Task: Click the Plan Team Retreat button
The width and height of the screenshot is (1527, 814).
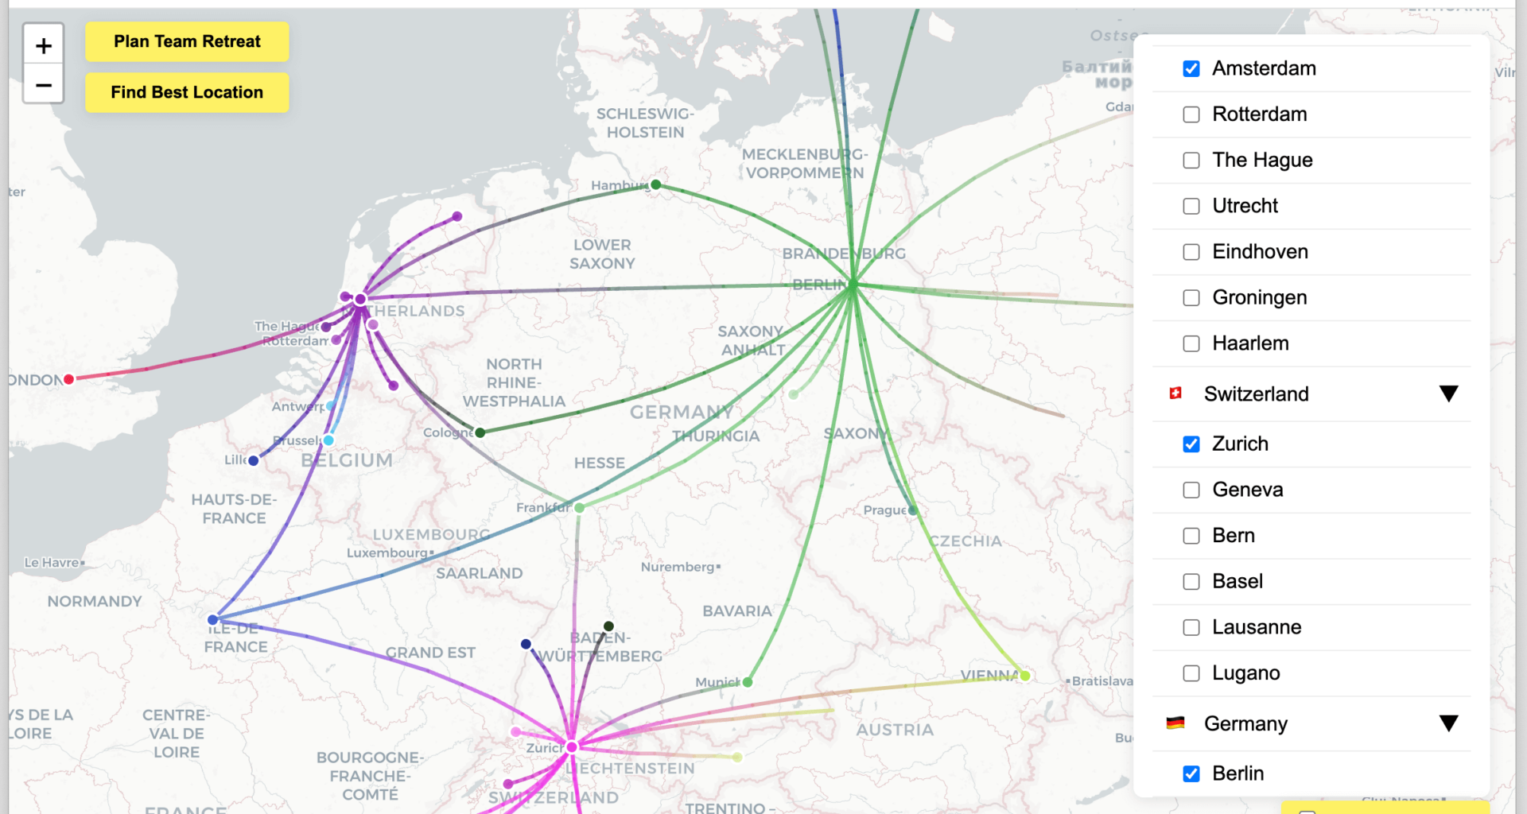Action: [187, 41]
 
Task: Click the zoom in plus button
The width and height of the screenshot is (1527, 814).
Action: [44, 46]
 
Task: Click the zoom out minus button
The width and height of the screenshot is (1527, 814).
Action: [44, 85]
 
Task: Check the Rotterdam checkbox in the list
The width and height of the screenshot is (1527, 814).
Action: [1191, 114]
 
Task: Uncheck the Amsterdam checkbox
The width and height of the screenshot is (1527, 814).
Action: [1191, 68]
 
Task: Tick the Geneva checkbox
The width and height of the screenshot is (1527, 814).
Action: [1191, 490]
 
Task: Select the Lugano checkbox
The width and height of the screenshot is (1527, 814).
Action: [1191, 673]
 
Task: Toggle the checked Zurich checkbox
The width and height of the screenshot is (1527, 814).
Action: [1191, 444]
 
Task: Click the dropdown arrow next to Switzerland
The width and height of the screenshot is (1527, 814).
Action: [1448, 393]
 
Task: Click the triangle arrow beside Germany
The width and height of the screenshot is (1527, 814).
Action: [1448, 723]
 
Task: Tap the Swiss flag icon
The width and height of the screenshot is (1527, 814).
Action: [1175, 393]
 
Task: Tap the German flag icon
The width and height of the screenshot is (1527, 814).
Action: [1175, 723]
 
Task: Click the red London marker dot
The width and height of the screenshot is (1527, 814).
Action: [69, 379]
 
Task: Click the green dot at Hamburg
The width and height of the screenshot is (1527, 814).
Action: [656, 184]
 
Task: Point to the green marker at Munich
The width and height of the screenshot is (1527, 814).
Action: [748, 682]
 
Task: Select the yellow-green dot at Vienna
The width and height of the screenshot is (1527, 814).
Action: [1025, 676]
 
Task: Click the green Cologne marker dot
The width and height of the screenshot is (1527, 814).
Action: [480, 432]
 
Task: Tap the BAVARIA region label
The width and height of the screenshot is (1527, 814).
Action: [737, 611]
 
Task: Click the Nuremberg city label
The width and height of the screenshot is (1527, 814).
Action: [678, 567]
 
